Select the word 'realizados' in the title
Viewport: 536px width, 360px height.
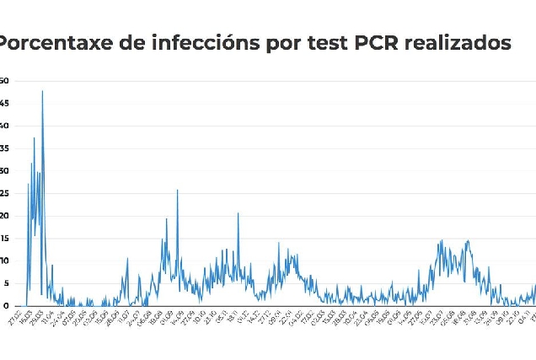click(458, 43)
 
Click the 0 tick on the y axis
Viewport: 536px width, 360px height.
click(4, 306)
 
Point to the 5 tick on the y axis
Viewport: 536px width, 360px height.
click(4, 283)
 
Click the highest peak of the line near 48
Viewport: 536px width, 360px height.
click(42, 91)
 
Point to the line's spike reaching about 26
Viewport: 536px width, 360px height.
click(177, 190)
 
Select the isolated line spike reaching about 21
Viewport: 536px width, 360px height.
click(238, 213)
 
